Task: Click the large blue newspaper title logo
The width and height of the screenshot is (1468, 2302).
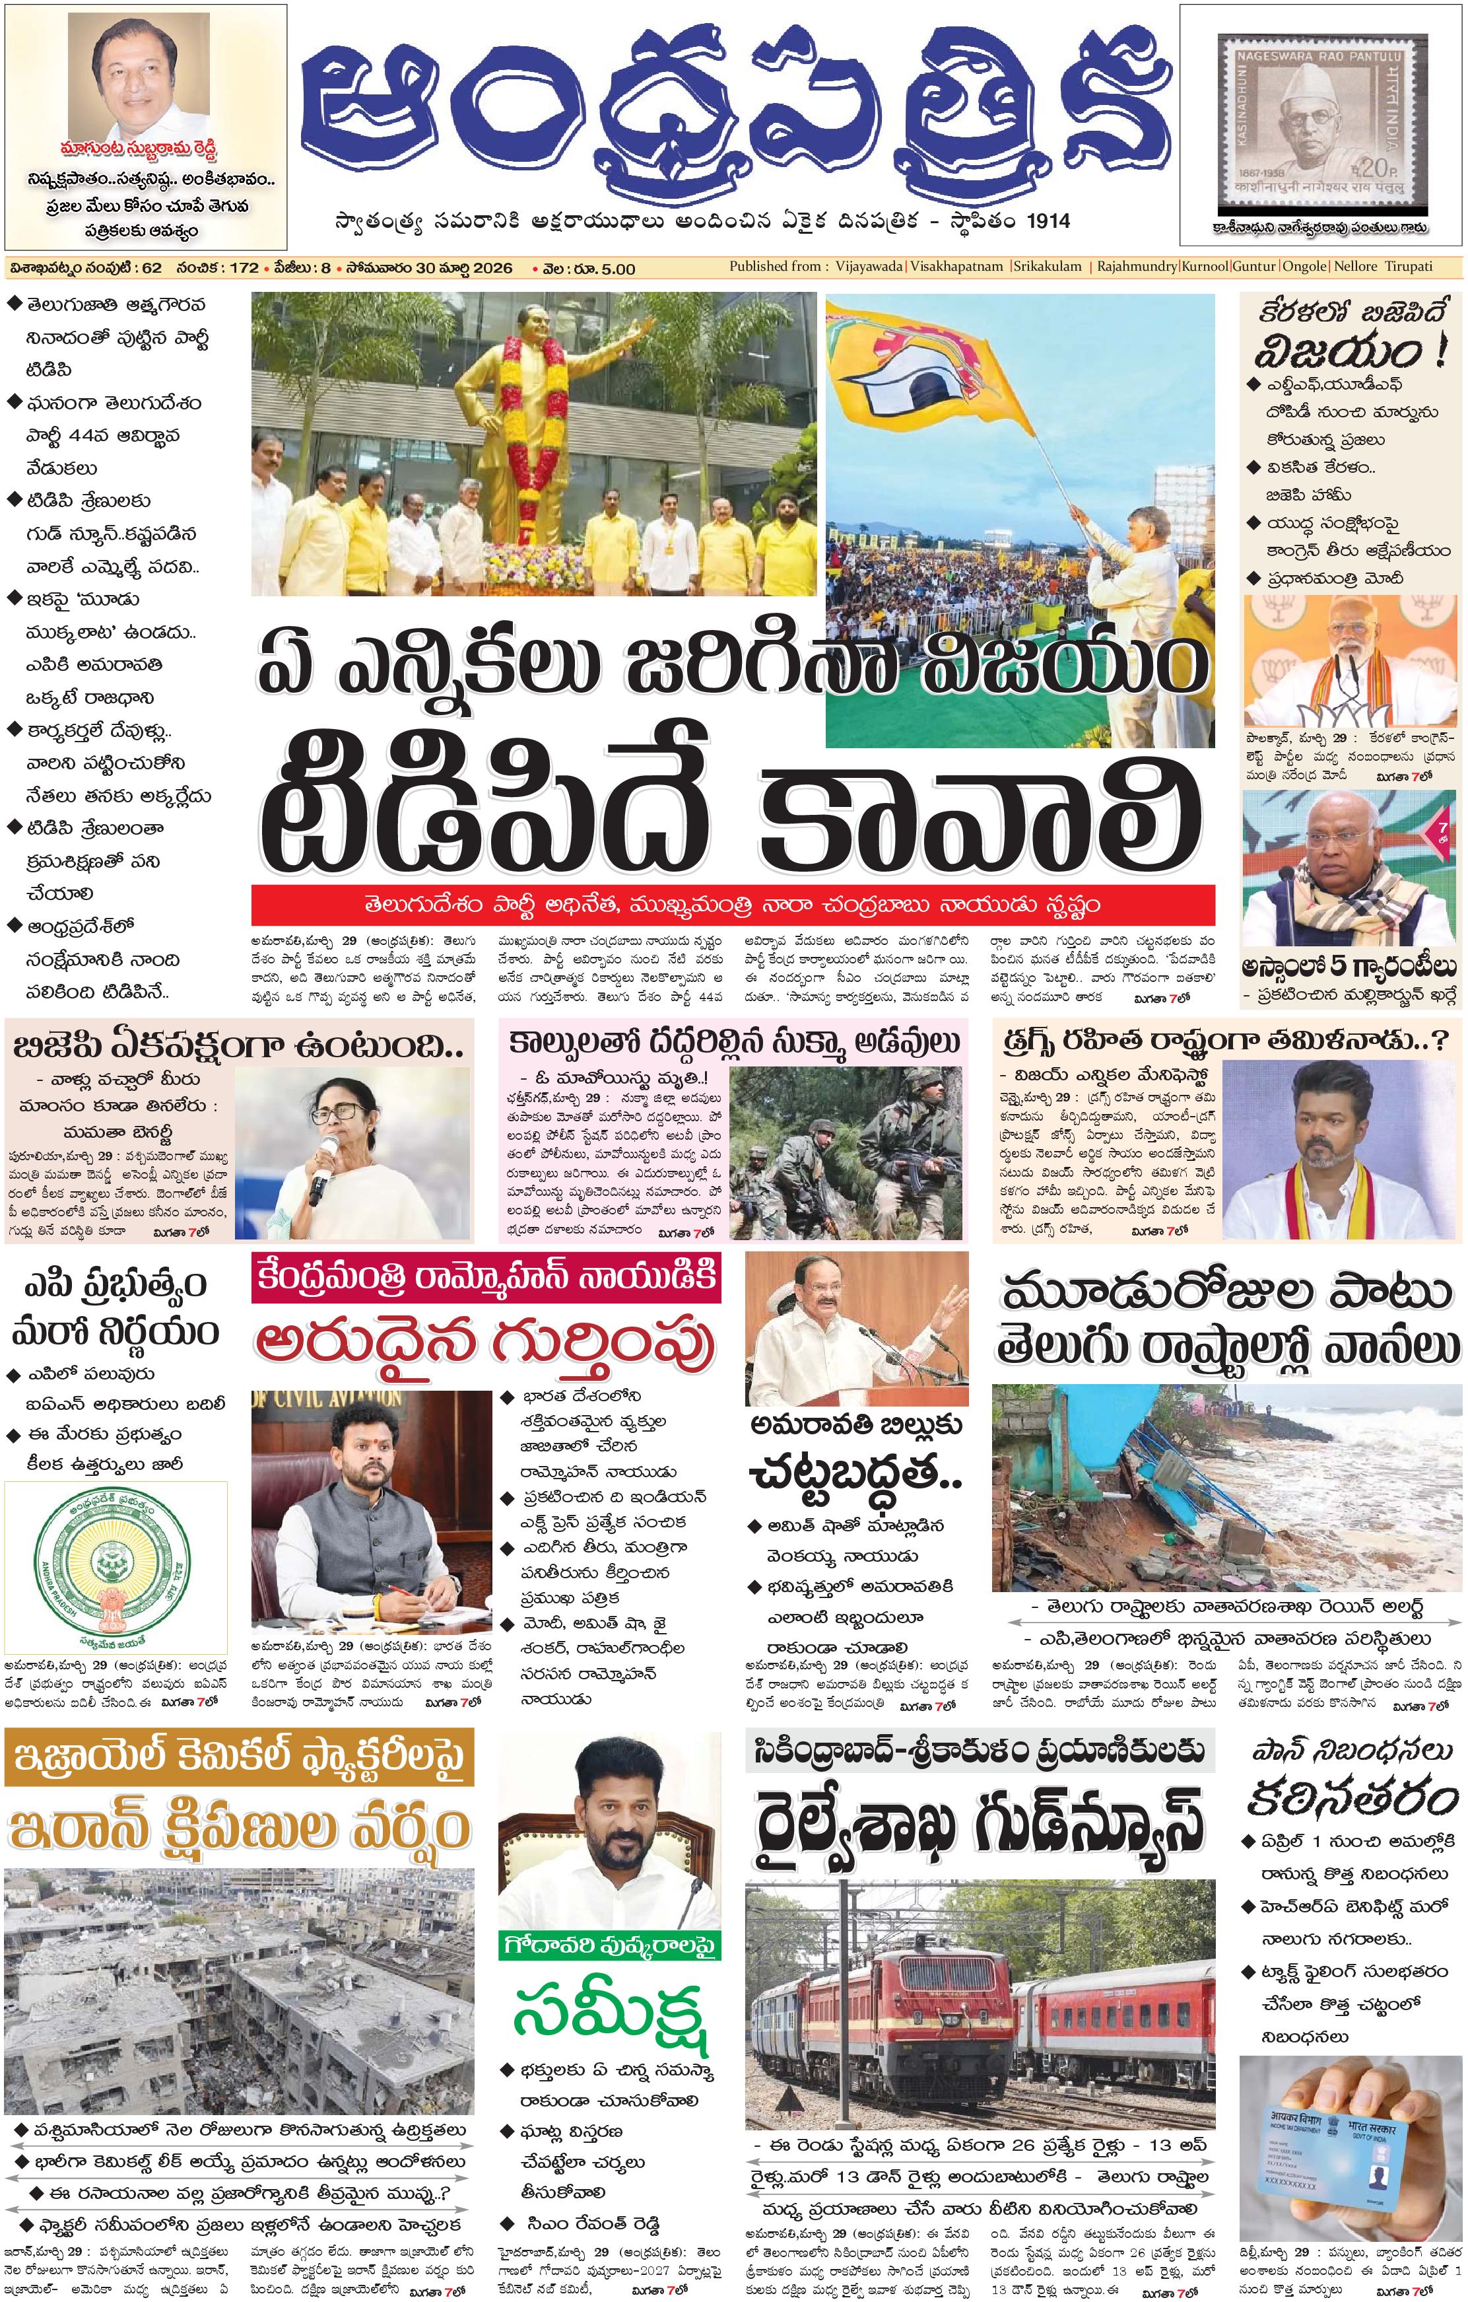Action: [734, 115]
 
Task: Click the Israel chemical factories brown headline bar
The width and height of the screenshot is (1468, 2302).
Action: [238, 1758]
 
